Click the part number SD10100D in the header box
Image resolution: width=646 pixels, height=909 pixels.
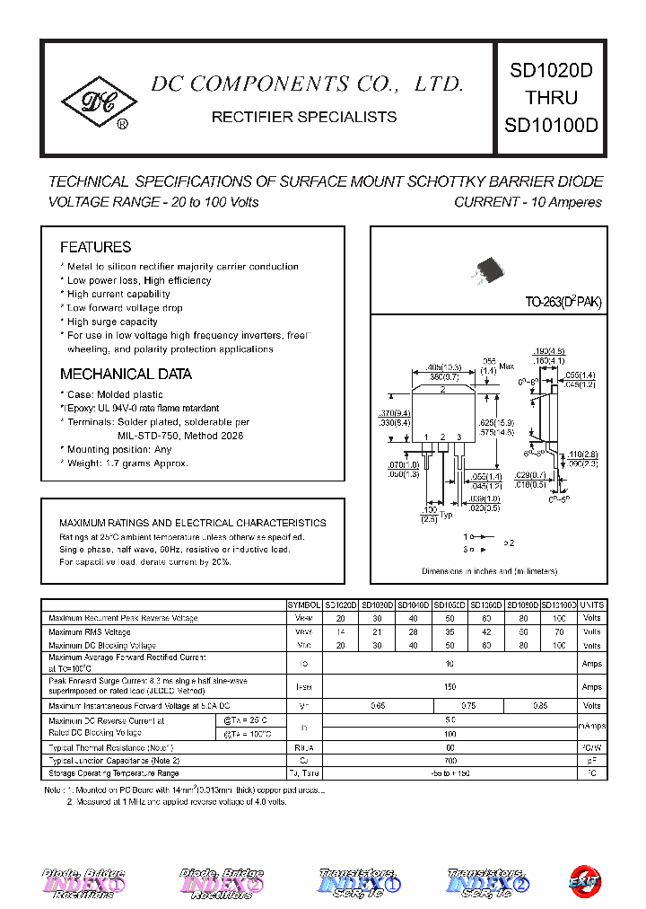pyautogui.click(x=551, y=126)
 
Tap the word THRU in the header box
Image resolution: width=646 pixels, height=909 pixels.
pyautogui.click(x=551, y=98)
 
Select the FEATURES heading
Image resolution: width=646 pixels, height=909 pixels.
pyautogui.click(x=95, y=247)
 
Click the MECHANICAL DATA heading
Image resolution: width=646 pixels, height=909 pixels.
pyautogui.click(x=126, y=375)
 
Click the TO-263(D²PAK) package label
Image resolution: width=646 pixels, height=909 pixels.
pyautogui.click(x=563, y=303)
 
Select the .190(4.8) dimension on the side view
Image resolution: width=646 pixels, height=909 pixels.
pyautogui.click(x=548, y=351)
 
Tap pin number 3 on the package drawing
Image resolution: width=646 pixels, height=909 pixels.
pyautogui.click(x=458, y=437)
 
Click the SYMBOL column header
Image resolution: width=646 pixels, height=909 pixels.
pyautogui.click(x=305, y=605)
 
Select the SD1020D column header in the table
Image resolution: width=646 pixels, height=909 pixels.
pyautogui.click(x=341, y=605)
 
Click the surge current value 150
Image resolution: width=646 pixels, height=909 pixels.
pyautogui.click(x=450, y=686)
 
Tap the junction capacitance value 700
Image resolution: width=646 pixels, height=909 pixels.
pyautogui.click(x=450, y=761)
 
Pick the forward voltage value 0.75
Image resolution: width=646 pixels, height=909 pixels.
pyautogui.click(x=468, y=706)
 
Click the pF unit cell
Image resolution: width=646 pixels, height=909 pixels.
pyautogui.click(x=592, y=761)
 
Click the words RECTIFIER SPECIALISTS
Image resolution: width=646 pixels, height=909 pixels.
pyautogui.click(x=303, y=117)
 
